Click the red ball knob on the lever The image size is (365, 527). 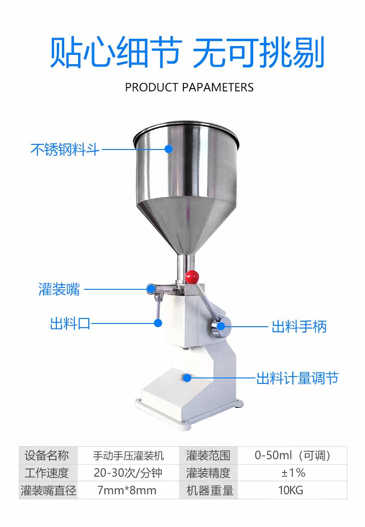(x=192, y=276)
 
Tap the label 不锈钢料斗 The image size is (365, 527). (x=65, y=150)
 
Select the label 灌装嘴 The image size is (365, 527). (x=59, y=289)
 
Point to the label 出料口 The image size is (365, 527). (x=70, y=323)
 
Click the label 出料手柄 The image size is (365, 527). (x=299, y=327)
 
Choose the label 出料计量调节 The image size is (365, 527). (x=297, y=378)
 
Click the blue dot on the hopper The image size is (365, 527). (x=169, y=149)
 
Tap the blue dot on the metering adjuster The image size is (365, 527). (x=188, y=378)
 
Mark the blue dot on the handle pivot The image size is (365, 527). (x=221, y=326)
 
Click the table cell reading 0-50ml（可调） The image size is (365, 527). (x=293, y=456)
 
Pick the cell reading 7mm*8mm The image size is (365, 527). (x=127, y=490)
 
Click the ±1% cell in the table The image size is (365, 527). (x=293, y=473)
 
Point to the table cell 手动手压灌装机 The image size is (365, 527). (x=128, y=456)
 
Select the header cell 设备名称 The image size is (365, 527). (x=47, y=456)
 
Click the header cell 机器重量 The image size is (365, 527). (x=209, y=490)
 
